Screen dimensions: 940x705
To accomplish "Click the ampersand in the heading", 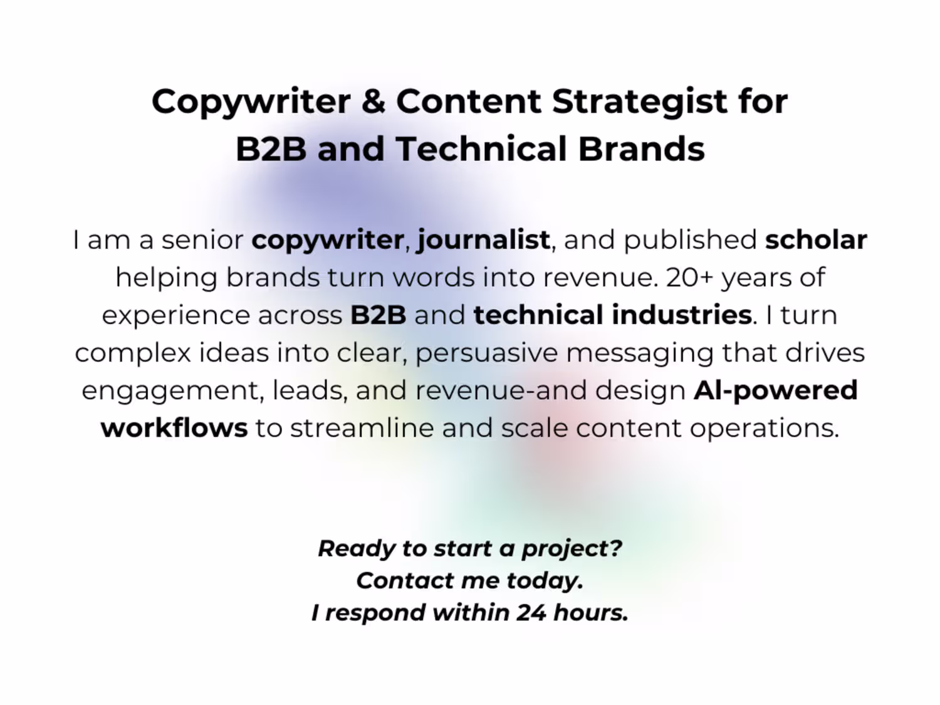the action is [x=373, y=102].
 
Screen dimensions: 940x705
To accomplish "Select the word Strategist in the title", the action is [x=640, y=103].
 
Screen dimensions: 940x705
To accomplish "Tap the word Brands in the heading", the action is [x=642, y=149].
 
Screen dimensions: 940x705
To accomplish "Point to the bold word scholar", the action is [x=816, y=239].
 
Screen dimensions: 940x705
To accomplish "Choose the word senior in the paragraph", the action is [x=202, y=240].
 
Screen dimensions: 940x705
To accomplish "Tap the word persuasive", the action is [x=487, y=354].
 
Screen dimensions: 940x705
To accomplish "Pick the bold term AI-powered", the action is [x=776, y=392].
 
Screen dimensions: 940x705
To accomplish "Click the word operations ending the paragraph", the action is [x=765, y=429].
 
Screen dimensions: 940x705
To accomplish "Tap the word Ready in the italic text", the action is [x=357, y=550].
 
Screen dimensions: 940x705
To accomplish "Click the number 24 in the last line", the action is [x=531, y=612].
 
